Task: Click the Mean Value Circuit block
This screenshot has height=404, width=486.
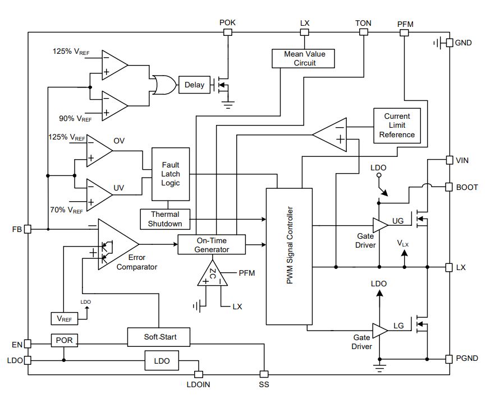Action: tap(303, 58)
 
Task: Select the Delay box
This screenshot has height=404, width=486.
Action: tap(194, 85)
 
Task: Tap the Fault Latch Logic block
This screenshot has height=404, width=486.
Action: tap(171, 174)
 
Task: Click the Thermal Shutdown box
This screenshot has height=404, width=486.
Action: tap(165, 219)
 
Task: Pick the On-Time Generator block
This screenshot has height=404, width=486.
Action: tap(212, 245)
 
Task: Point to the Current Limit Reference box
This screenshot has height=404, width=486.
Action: tap(397, 126)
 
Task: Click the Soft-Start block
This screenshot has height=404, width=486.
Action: tap(159, 337)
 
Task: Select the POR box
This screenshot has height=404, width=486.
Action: tap(64, 341)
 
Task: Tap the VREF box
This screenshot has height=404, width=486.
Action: tap(64, 319)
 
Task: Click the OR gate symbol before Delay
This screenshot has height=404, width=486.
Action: tap(164, 85)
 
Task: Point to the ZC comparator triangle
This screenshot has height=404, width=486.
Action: tap(212, 274)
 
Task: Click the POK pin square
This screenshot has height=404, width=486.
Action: tap(228, 32)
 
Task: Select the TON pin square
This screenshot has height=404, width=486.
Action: tap(364, 32)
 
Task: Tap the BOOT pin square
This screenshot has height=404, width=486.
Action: tap(449, 187)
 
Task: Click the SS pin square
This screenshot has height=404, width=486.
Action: tap(264, 374)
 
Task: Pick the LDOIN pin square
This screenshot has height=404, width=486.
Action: tap(198, 374)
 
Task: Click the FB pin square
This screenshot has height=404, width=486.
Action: tap(28, 229)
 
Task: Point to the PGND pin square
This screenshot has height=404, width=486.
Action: tap(449, 359)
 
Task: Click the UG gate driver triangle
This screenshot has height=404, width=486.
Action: tap(380, 225)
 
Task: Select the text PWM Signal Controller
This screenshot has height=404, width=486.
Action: tap(290, 245)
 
